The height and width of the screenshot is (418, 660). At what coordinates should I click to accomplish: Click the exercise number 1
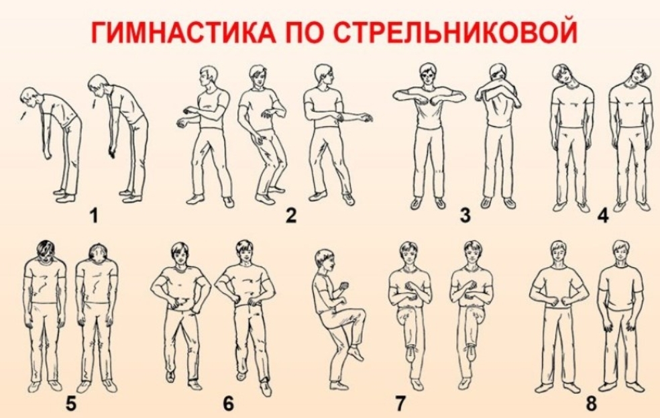point(94,215)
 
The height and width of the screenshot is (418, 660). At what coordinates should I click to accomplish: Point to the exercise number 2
point(291,215)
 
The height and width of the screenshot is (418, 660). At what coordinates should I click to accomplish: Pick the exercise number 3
point(465,215)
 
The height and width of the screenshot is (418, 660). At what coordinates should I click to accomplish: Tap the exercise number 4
point(603,215)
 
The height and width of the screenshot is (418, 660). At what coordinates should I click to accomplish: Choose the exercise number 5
point(72,404)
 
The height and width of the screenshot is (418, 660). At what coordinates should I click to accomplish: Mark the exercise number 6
point(228,404)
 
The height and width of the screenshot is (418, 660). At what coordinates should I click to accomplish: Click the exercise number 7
point(400,404)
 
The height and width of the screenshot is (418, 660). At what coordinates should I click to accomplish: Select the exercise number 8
point(592,404)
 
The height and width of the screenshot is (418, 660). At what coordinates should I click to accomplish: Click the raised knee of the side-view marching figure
point(361,313)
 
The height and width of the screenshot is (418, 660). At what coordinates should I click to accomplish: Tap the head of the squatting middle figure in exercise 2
point(258,76)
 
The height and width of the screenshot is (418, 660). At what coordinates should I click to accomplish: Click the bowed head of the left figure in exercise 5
point(45,250)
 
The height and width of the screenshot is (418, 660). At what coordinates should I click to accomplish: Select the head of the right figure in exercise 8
point(621,252)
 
